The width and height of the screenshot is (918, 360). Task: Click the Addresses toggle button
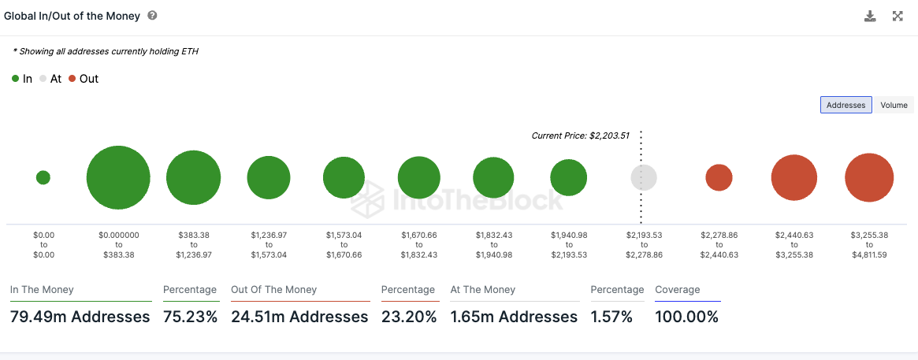click(x=846, y=105)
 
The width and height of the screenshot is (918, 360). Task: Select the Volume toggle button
click(x=894, y=105)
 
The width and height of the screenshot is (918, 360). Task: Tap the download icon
click(x=870, y=16)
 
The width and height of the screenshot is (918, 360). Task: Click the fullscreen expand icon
click(x=898, y=16)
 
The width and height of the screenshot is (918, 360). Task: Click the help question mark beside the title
click(x=152, y=16)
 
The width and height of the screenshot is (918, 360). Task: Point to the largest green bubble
click(x=118, y=177)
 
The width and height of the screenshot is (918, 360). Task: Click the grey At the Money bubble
click(x=644, y=177)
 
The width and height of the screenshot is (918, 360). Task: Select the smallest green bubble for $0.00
click(x=43, y=177)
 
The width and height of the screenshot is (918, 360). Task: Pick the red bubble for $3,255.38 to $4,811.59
click(x=869, y=178)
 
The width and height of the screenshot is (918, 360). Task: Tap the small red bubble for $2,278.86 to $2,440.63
click(x=719, y=178)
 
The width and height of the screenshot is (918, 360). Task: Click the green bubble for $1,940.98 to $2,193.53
click(x=569, y=177)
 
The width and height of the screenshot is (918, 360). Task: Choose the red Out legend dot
click(x=72, y=79)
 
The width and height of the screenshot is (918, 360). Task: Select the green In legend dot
click(x=16, y=79)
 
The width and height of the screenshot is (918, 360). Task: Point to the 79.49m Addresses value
click(x=80, y=317)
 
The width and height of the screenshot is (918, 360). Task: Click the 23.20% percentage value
click(x=409, y=317)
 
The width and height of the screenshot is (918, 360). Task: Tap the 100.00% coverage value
click(x=686, y=317)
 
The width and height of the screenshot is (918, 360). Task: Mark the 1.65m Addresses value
click(x=514, y=317)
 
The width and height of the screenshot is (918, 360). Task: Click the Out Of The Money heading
click(x=273, y=290)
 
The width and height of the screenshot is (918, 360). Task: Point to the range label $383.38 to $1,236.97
click(x=193, y=243)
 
